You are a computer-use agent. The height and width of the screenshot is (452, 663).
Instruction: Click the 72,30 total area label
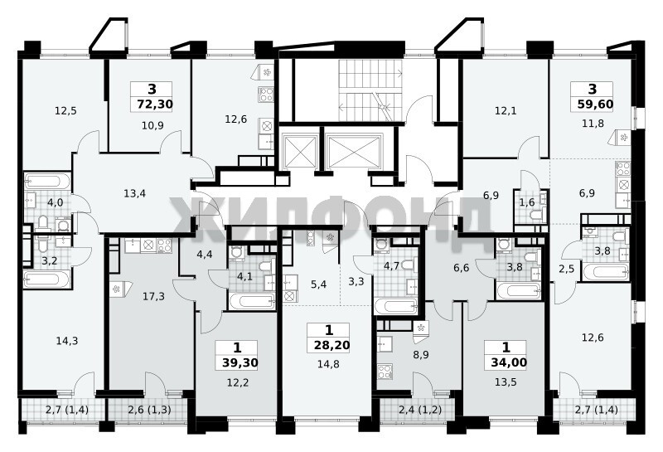coord(155,104)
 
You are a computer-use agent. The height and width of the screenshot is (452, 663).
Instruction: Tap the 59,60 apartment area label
coord(595,104)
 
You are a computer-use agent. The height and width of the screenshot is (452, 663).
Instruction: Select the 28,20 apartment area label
coord(332,345)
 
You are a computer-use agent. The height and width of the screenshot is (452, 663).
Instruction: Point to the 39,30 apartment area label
coord(240,362)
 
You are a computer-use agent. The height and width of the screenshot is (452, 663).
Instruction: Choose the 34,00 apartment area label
coord(509,362)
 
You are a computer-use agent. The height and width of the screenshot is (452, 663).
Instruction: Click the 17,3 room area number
coord(153,296)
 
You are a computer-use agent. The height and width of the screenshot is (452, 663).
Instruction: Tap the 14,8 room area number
coord(328,364)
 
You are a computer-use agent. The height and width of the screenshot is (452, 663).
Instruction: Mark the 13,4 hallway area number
coord(135,193)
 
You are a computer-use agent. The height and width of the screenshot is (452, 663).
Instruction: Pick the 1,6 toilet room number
coord(527,202)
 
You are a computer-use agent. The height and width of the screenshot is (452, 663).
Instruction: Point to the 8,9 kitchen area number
coord(421,355)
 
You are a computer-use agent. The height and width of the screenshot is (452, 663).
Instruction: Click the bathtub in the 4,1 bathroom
coord(252,302)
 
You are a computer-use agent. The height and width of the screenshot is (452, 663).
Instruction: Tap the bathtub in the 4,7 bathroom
coord(396,306)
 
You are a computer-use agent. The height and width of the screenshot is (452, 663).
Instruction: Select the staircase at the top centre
coord(370,90)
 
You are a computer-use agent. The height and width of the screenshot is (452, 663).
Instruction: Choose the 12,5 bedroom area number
coord(65,111)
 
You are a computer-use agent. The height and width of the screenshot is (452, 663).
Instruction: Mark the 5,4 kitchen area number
coord(319,284)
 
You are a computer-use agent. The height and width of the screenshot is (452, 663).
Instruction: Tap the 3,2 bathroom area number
coord(50,260)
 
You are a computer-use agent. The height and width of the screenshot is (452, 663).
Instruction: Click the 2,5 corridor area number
coord(567,269)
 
